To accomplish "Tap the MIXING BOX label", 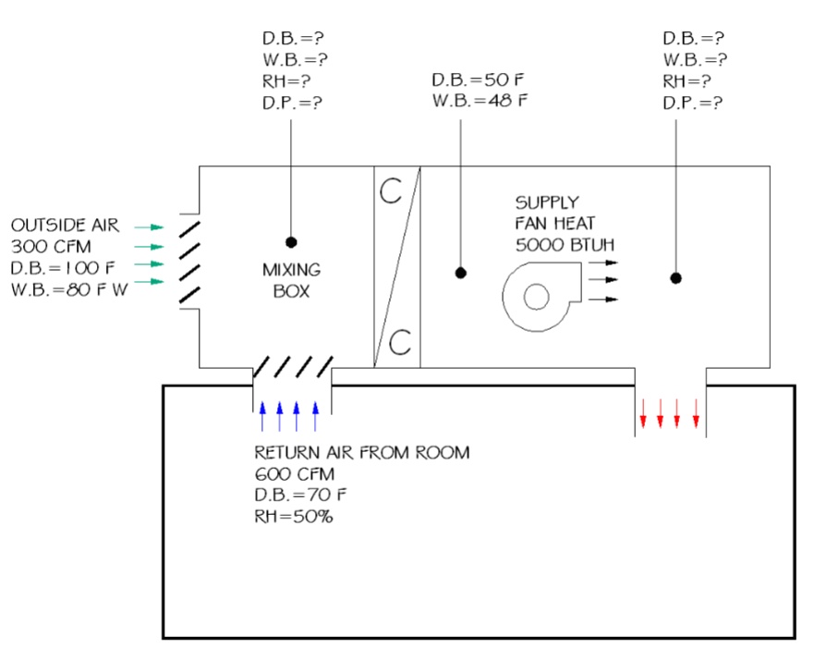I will pos(291,280).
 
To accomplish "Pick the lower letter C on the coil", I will pos(399,343).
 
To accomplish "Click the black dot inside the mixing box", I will pos(291,242).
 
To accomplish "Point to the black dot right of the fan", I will pos(676,277).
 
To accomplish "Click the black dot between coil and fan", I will pos(460,273).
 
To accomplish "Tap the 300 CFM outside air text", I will pos(51,246).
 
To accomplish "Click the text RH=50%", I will pos(294,516).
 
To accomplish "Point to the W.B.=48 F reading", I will pos(480,101).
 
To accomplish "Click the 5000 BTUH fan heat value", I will pos(565,244).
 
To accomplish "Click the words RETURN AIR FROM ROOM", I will pos(361,453).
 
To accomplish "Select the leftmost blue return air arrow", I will pos(261,416).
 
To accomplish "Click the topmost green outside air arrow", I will pos(148,226).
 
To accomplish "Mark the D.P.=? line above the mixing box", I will pos(293,102).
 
